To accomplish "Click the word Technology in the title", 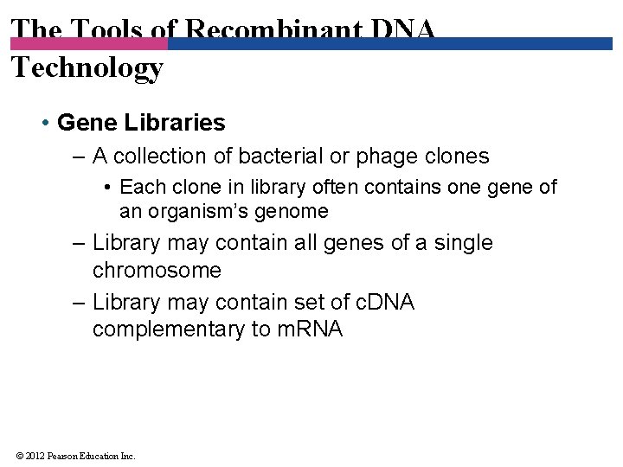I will click(x=87, y=67).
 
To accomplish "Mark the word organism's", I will click(x=202, y=212).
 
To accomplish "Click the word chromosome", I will click(x=157, y=271).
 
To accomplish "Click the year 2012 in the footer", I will click(x=35, y=456).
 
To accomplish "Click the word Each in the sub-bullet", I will click(x=138, y=187).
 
